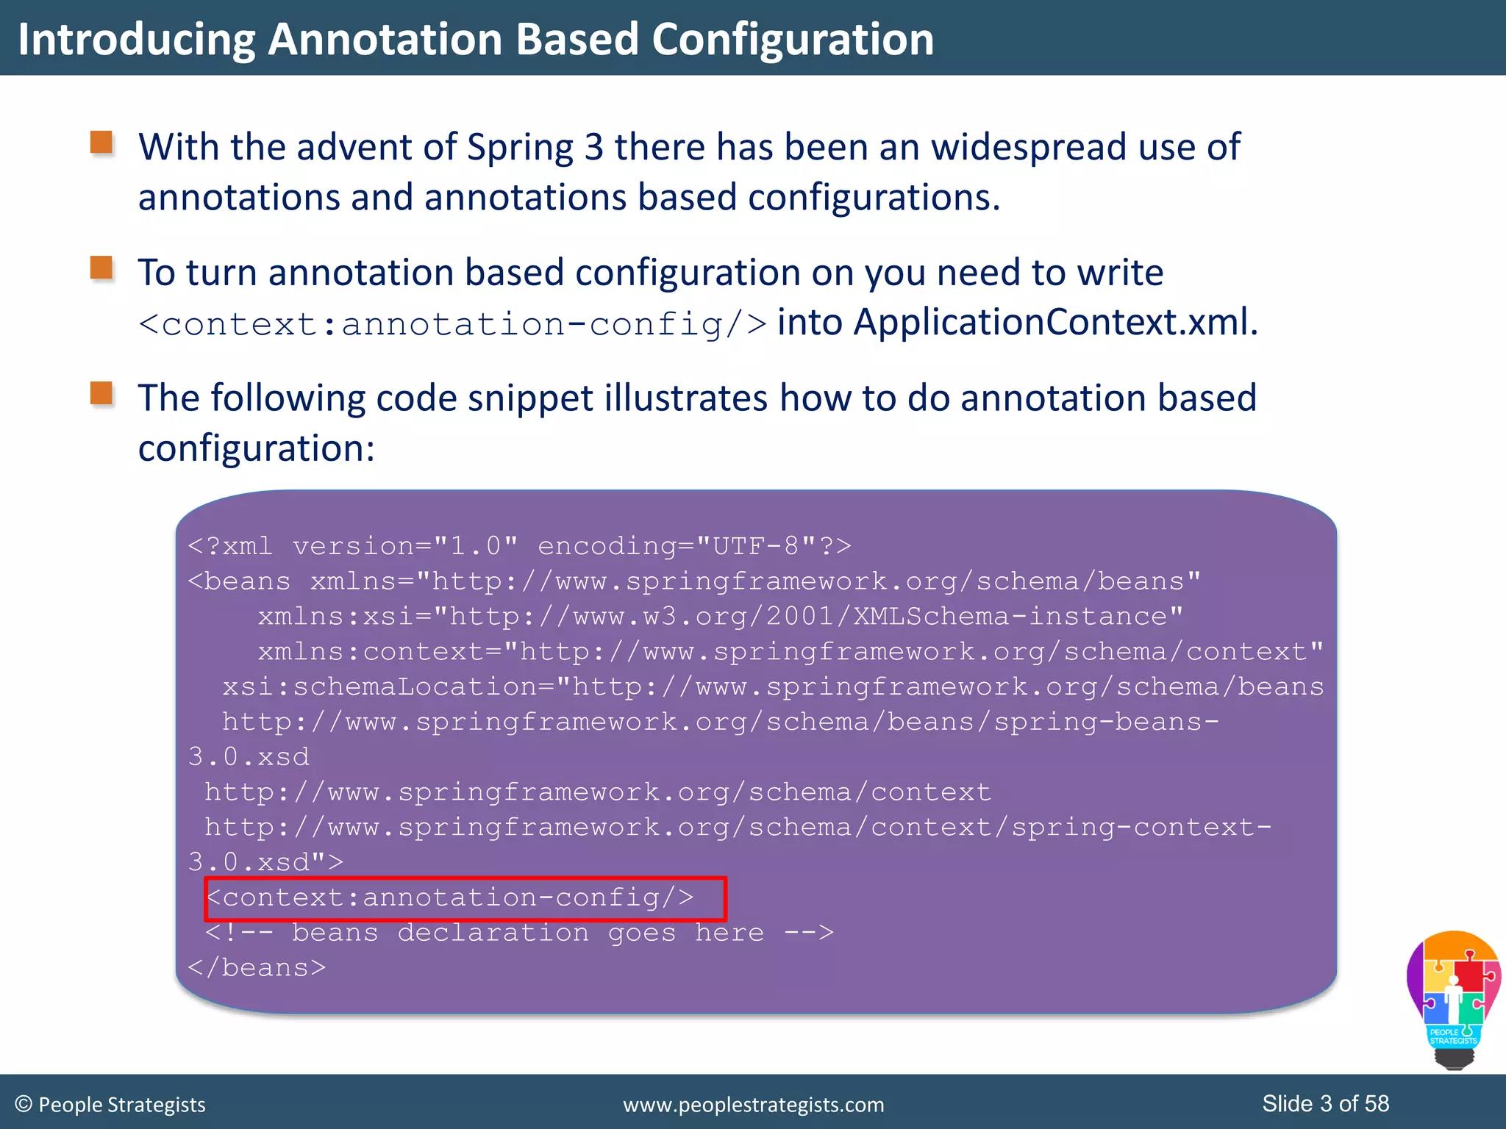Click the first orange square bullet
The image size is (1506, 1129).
(101, 143)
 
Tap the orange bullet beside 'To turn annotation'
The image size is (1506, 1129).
(101, 268)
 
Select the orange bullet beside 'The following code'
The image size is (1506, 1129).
(101, 393)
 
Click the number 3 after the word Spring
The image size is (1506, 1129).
(594, 147)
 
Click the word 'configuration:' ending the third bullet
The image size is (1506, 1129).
(257, 448)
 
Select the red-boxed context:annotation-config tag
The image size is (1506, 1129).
(465, 898)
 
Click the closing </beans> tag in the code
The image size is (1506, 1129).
(257, 968)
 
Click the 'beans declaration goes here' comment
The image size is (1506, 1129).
(519, 933)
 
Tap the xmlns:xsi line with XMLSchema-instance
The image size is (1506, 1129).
(720, 616)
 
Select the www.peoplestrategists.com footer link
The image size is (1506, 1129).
(753, 1105)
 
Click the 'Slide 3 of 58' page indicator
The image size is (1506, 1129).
(1325, 1104)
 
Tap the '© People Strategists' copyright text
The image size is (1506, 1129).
(110, 1105)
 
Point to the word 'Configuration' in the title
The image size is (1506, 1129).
(793, 39)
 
